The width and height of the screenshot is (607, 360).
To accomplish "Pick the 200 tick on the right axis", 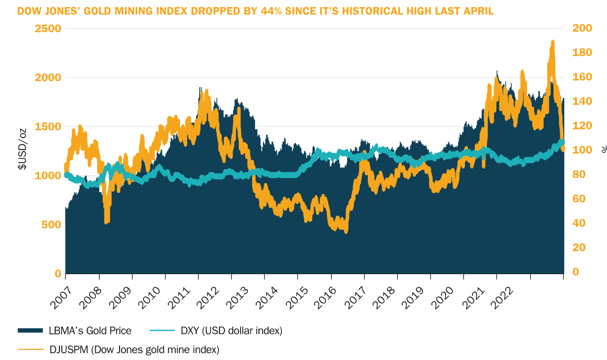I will click(x=581, y=28).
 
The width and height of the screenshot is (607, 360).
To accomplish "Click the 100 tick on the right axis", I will click(x=581, y=150).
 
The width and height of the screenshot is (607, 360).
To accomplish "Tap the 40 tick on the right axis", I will click(x=579, y=223).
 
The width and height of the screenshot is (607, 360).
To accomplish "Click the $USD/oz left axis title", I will click(x=22, y=149).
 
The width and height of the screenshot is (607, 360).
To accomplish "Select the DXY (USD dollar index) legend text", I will click(x=231, y=331).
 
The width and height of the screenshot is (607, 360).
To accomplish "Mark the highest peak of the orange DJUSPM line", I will click(x=553, y=42).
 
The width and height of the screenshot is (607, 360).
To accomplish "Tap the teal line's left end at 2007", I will click(x=66, y=175).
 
